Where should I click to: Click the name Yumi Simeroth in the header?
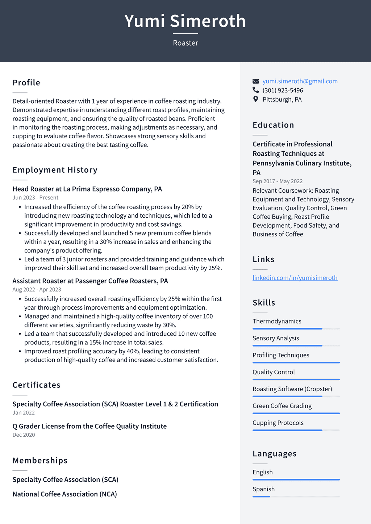coord(185,21)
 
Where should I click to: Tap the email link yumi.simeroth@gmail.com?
coord(300,81)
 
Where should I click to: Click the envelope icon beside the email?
coord(256,81)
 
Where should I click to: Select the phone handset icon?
coord(256,90)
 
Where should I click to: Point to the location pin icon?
coord(256,99)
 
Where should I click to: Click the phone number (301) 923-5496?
coord(283,90)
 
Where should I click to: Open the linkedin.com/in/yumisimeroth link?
coord(295,278)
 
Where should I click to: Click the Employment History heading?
coord(55,170)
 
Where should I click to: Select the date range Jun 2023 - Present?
coord(36,197)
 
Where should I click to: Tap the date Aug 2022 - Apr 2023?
coord(37,289)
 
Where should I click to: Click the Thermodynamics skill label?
coord(277,321)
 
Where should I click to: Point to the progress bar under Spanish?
coord(296,496)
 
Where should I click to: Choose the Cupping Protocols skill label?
coord(278,423)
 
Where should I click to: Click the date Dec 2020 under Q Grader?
coord(24,435)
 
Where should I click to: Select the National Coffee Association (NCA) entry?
coord(65,494)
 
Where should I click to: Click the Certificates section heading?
coord(37,385)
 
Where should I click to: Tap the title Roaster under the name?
coord(185,43)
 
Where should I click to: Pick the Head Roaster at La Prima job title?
coord(87,189)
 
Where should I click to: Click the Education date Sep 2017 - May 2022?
coord(278,181)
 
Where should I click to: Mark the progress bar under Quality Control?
coord(296,380)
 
